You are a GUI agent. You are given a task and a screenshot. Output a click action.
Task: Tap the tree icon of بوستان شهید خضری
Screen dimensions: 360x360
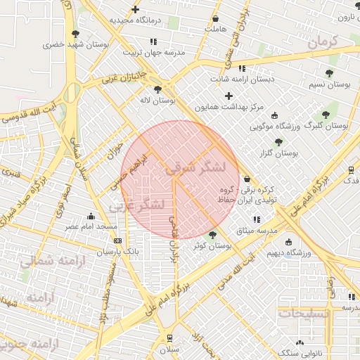pos(75,34)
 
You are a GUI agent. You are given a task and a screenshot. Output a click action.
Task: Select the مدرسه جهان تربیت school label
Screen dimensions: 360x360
pos(154,53)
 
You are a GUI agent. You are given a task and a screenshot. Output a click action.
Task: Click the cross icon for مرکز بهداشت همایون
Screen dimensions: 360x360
pos(229,95)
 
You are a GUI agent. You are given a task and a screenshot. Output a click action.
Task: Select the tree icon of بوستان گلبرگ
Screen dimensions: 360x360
pos(325,114)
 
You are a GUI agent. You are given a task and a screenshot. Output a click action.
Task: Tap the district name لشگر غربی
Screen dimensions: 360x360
pos(137,205)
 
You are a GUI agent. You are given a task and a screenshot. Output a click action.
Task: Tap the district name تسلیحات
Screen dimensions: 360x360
pos(303,314)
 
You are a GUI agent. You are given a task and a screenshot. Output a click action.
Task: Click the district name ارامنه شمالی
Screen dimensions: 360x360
pos(52,264)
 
